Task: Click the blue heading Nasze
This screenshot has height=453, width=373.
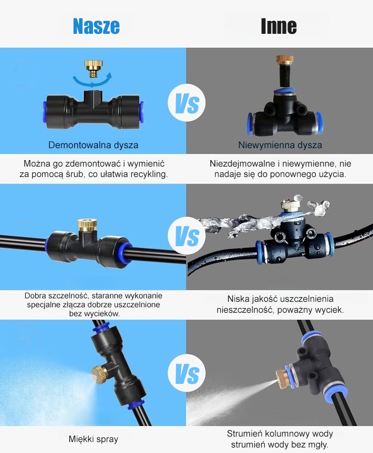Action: [x=96, y=26]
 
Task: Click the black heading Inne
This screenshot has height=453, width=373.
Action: [x=279, y=26]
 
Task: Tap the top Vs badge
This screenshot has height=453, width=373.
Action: [x=186, y=102]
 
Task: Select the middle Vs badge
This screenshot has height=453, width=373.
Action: [x=186, y=236]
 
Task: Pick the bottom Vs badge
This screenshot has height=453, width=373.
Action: [x=186, y=373]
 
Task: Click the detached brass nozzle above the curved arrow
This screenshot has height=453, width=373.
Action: [x=94, y=68]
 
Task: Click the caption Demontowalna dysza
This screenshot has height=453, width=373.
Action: [x=93, y=145]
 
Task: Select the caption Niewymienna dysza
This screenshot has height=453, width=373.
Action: [x=280, y=145]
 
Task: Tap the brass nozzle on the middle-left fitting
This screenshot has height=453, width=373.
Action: [x=87, y=224]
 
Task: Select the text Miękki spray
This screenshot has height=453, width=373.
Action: [x=93, y=439]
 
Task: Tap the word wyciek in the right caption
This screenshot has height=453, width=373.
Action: [x=329, y=310]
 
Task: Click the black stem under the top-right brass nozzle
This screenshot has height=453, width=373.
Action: [x=284, y=76]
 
